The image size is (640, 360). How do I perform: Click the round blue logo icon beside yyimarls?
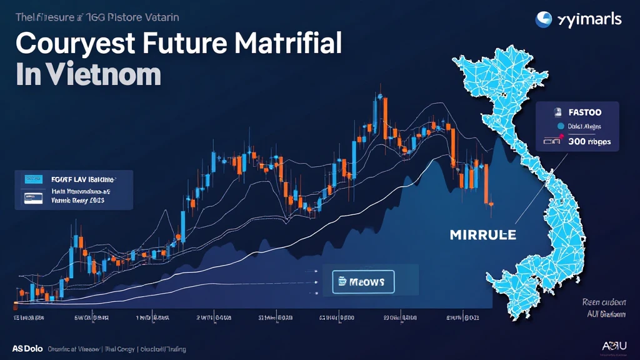[543, 19]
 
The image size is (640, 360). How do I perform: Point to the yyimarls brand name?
[587, 19]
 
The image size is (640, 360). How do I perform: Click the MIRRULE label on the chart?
[482, 235]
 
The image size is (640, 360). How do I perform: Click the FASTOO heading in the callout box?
[585, 112]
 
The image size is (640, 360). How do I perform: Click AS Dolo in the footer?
[27, 349]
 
